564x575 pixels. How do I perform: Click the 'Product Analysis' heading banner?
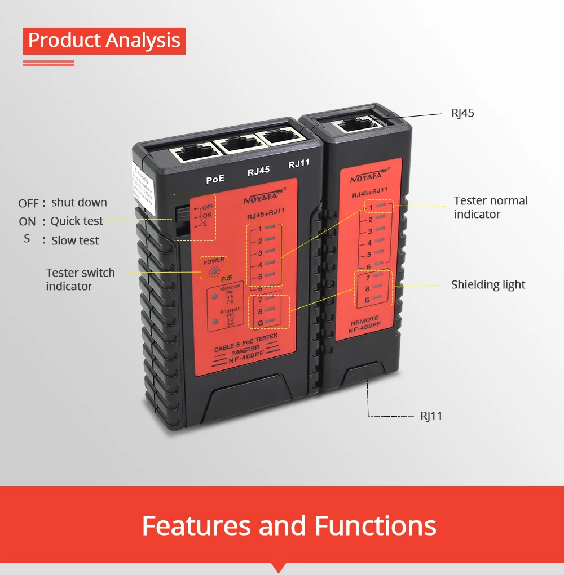(104, 41)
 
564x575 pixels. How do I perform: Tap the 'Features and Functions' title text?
(289, 525)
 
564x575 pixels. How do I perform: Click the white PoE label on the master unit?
(215, 179)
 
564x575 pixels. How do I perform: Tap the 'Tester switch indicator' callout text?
(80, 279)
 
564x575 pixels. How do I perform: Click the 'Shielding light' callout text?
(488, 284)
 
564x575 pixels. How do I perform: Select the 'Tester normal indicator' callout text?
(491, 207)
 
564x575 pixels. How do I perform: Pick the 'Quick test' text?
(77, 221)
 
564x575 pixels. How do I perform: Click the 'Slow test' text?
(75, 240)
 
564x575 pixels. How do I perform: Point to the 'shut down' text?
(79, 203)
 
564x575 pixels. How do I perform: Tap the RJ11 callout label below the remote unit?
(431, 416)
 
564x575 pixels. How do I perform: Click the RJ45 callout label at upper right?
(462, 113)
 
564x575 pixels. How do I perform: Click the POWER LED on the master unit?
(214, 272)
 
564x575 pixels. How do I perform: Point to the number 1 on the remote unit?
(371, 207)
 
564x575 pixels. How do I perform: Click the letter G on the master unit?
(261, 322)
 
